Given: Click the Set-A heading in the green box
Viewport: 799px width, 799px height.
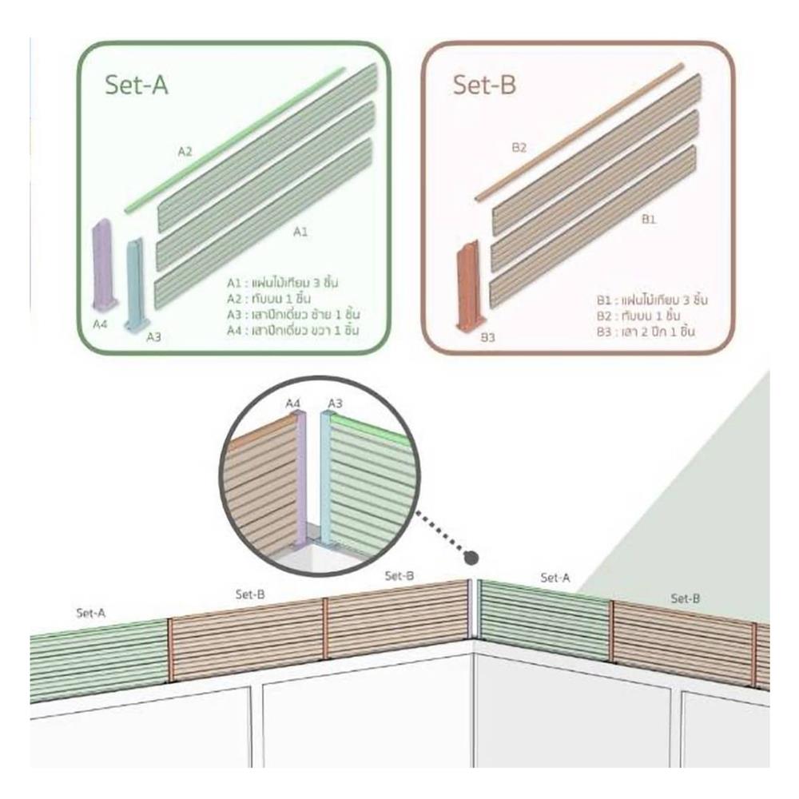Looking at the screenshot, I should click(x=137, y=85).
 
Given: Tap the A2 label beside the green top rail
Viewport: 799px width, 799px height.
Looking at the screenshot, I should click(x=185, y=150).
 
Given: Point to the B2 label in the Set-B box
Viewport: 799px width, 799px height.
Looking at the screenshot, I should click(x=519, y=147).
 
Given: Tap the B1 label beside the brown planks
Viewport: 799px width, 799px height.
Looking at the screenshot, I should click(x=648, y=220).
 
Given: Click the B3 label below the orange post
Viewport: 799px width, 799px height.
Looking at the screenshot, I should click(x=489, y=338).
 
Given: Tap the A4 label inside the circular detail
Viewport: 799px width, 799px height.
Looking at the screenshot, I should click(x=293, y=403).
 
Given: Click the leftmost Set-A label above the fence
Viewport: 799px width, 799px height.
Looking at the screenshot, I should click(x=90, y=614).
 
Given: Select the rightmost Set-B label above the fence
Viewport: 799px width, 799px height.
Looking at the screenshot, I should click(x=686, y=598).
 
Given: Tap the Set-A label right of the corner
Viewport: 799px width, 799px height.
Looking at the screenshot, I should click(x=555, y=577).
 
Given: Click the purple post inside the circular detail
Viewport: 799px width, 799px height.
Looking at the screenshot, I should click(x=301, y=479).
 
